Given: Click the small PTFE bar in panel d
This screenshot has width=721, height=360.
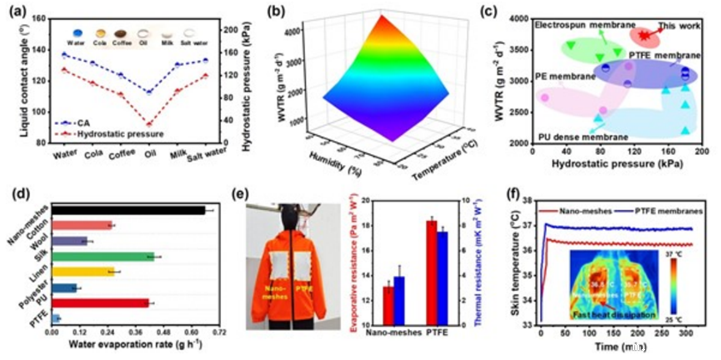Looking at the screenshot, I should click(55, 318).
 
